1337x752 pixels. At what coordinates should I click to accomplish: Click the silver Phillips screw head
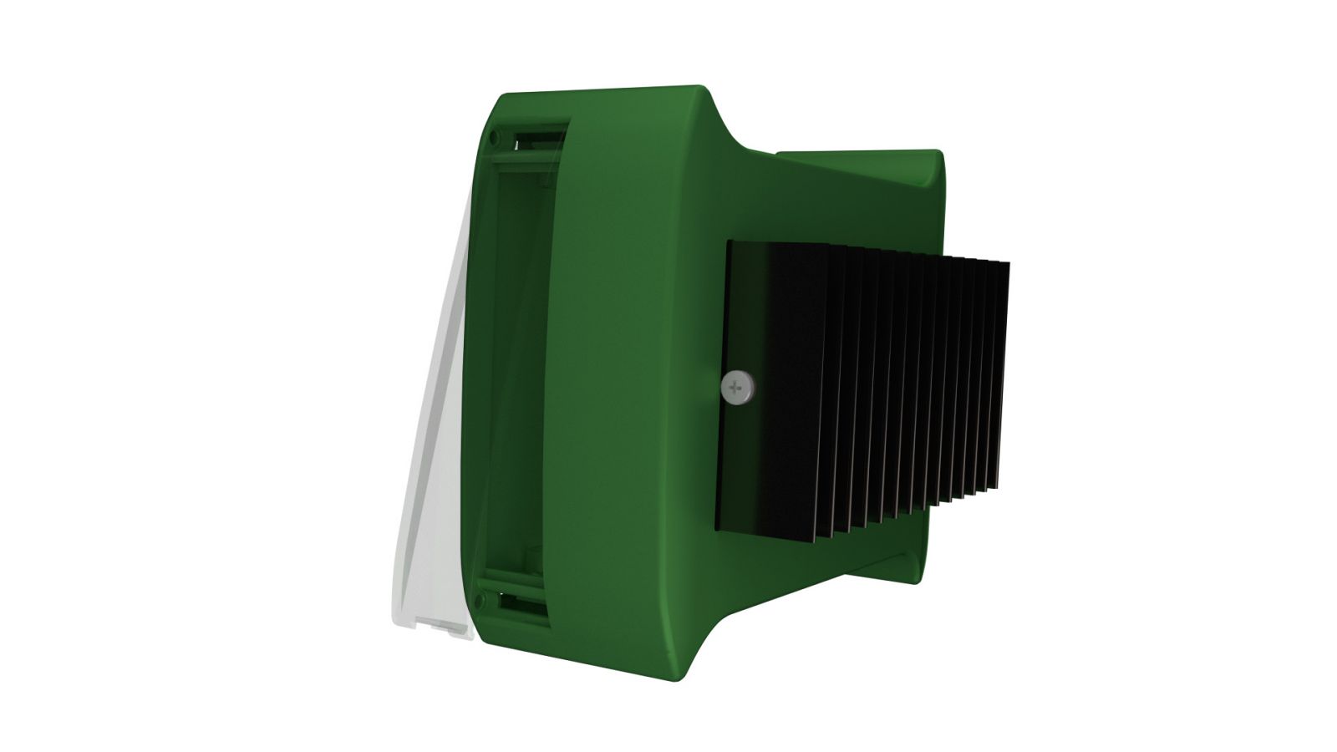click(735, 388)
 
